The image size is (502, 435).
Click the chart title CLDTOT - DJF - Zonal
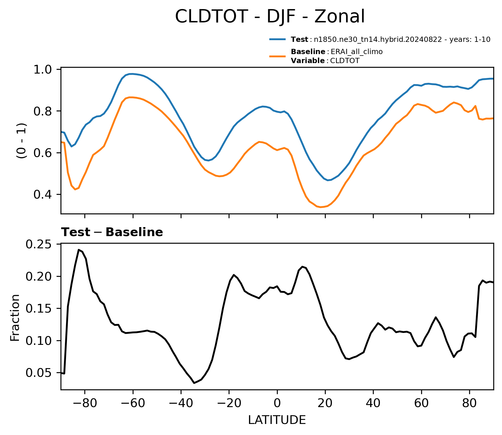pos(270,16)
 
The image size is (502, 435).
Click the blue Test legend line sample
pos(277,39)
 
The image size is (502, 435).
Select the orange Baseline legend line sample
pos(277,56)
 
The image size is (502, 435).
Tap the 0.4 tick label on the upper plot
pos(42,195)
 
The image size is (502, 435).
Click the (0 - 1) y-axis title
pos(21,140)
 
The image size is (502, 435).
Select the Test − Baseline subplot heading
pos(112,232)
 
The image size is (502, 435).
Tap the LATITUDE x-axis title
pos(277,420)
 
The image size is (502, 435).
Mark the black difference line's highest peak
pos(79,249)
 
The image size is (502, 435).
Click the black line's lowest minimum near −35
pos(194,383)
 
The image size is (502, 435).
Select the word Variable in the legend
pos(308,61)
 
